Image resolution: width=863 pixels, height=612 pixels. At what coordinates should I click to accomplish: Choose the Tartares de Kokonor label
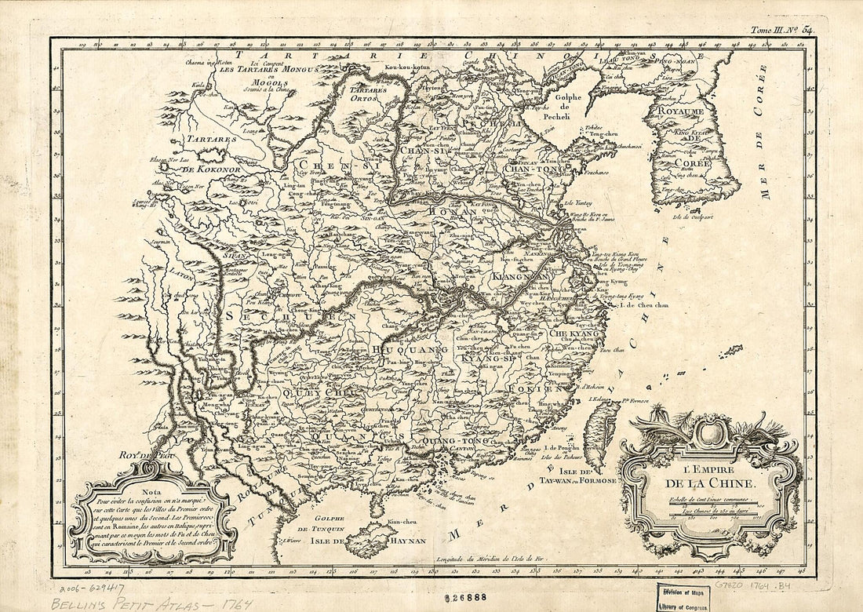196,155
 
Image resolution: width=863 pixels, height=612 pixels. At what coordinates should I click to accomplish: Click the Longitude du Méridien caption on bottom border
486,558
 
